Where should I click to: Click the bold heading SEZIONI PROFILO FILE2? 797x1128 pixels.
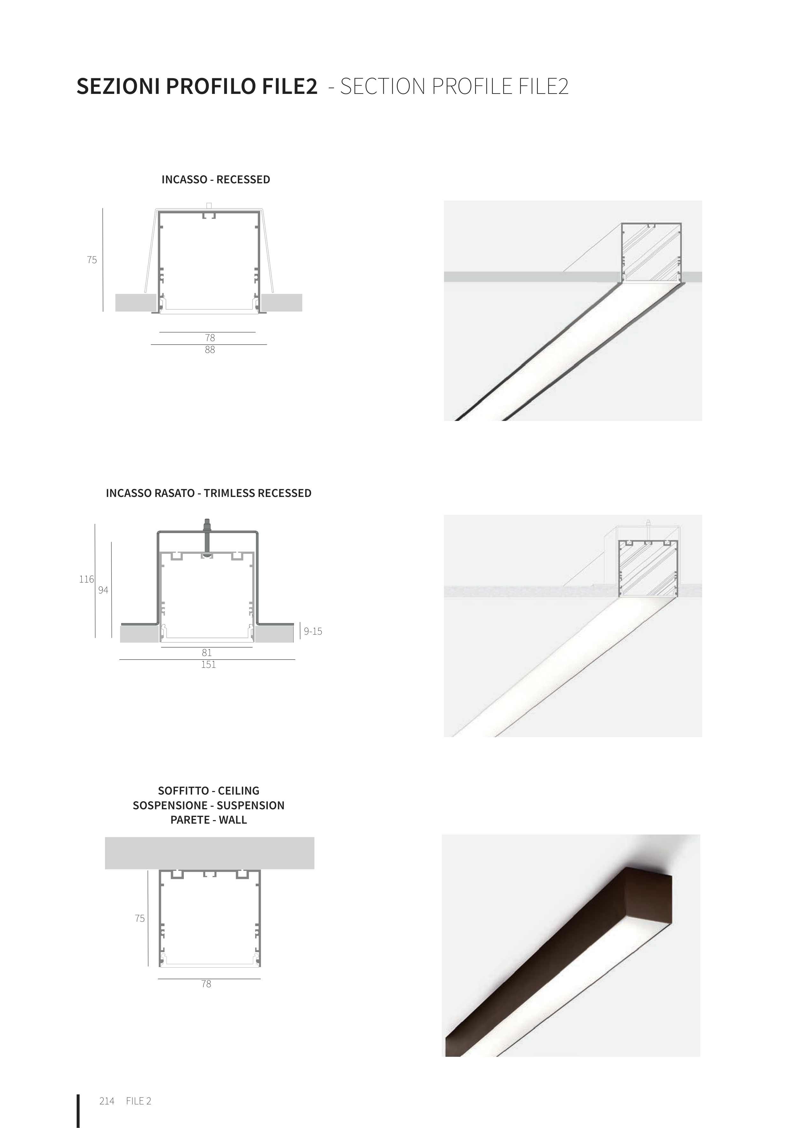tap(197, 87)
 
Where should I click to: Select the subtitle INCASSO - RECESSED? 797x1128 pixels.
tap(215, 180)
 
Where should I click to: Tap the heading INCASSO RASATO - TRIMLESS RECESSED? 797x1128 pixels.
tap(209, 493)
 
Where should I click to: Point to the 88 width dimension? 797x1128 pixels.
tap(210, 350)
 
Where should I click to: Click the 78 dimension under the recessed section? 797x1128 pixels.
tap(210, 338)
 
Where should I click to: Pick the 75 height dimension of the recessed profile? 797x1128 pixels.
tap(92, 260)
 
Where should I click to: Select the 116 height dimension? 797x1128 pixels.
tap(86, 579)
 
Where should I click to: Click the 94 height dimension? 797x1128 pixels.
tap(103, 590)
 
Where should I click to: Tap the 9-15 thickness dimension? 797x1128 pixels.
tap(313, 631)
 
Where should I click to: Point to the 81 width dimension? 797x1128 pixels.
tap(207, 652)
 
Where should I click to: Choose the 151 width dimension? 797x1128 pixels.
tap(208, 665)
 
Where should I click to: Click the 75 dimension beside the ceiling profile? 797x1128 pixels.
tap(139, 918)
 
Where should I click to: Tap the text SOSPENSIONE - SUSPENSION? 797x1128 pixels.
tap(209, 806)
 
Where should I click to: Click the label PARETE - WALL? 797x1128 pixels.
tap(209, 820)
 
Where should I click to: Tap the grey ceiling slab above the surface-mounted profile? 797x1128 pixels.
tap(210, 853)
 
